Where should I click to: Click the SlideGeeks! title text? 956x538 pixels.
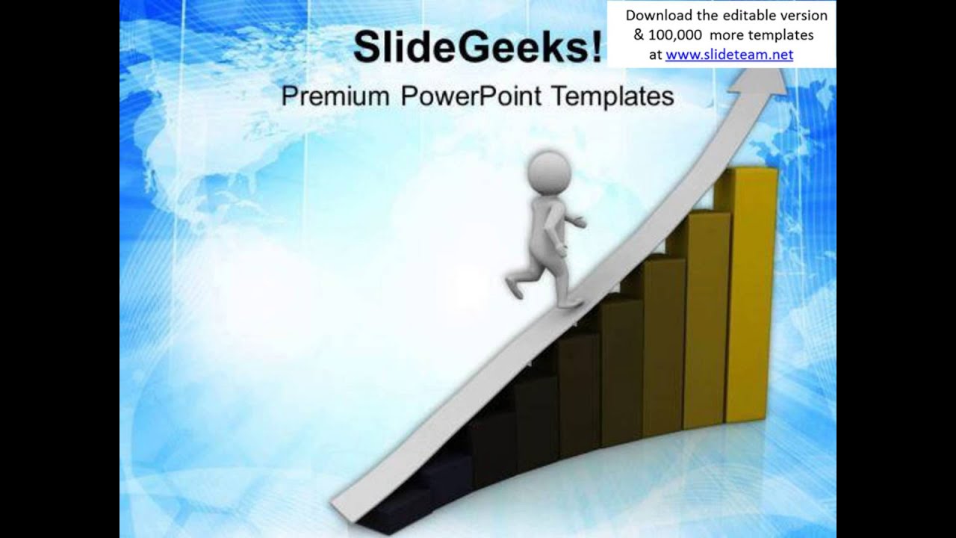[x=477, y=48]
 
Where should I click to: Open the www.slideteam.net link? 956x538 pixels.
[x=729, y=55]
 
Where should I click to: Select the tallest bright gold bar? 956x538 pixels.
[x=751, y=299]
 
